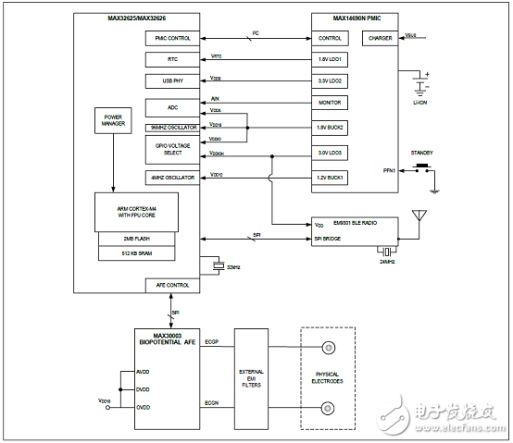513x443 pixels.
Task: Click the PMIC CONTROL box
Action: tap(172, 39)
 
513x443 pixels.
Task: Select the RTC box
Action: tap(172, 60)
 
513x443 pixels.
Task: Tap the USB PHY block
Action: tap(172, 81)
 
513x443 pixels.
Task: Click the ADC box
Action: tap(172, 106)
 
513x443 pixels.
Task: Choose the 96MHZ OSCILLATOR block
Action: tap(172, 127)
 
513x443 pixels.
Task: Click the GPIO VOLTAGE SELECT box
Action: tap(172, 149)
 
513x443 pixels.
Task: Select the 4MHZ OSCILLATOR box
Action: tap(172, 177)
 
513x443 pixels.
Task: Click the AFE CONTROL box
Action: tap(172, 285)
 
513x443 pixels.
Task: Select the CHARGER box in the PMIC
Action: tap(381, 39)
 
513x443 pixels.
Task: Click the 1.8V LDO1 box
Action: tap(330, 60)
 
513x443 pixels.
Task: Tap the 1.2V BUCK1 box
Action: tap(330, 177)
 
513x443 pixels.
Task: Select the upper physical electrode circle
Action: tap(327, 349)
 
